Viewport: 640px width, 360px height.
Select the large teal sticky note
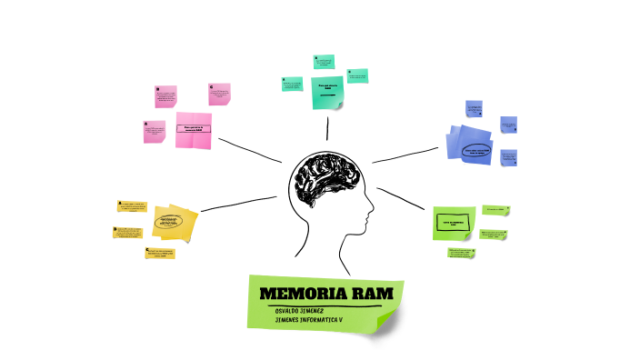click(327, 91)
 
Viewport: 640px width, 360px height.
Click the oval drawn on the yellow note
click(170, 221)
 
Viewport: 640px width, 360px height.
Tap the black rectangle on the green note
click(454, 222)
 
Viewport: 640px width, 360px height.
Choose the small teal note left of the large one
click(292, 84)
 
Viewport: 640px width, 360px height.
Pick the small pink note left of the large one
click(154, 132)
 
